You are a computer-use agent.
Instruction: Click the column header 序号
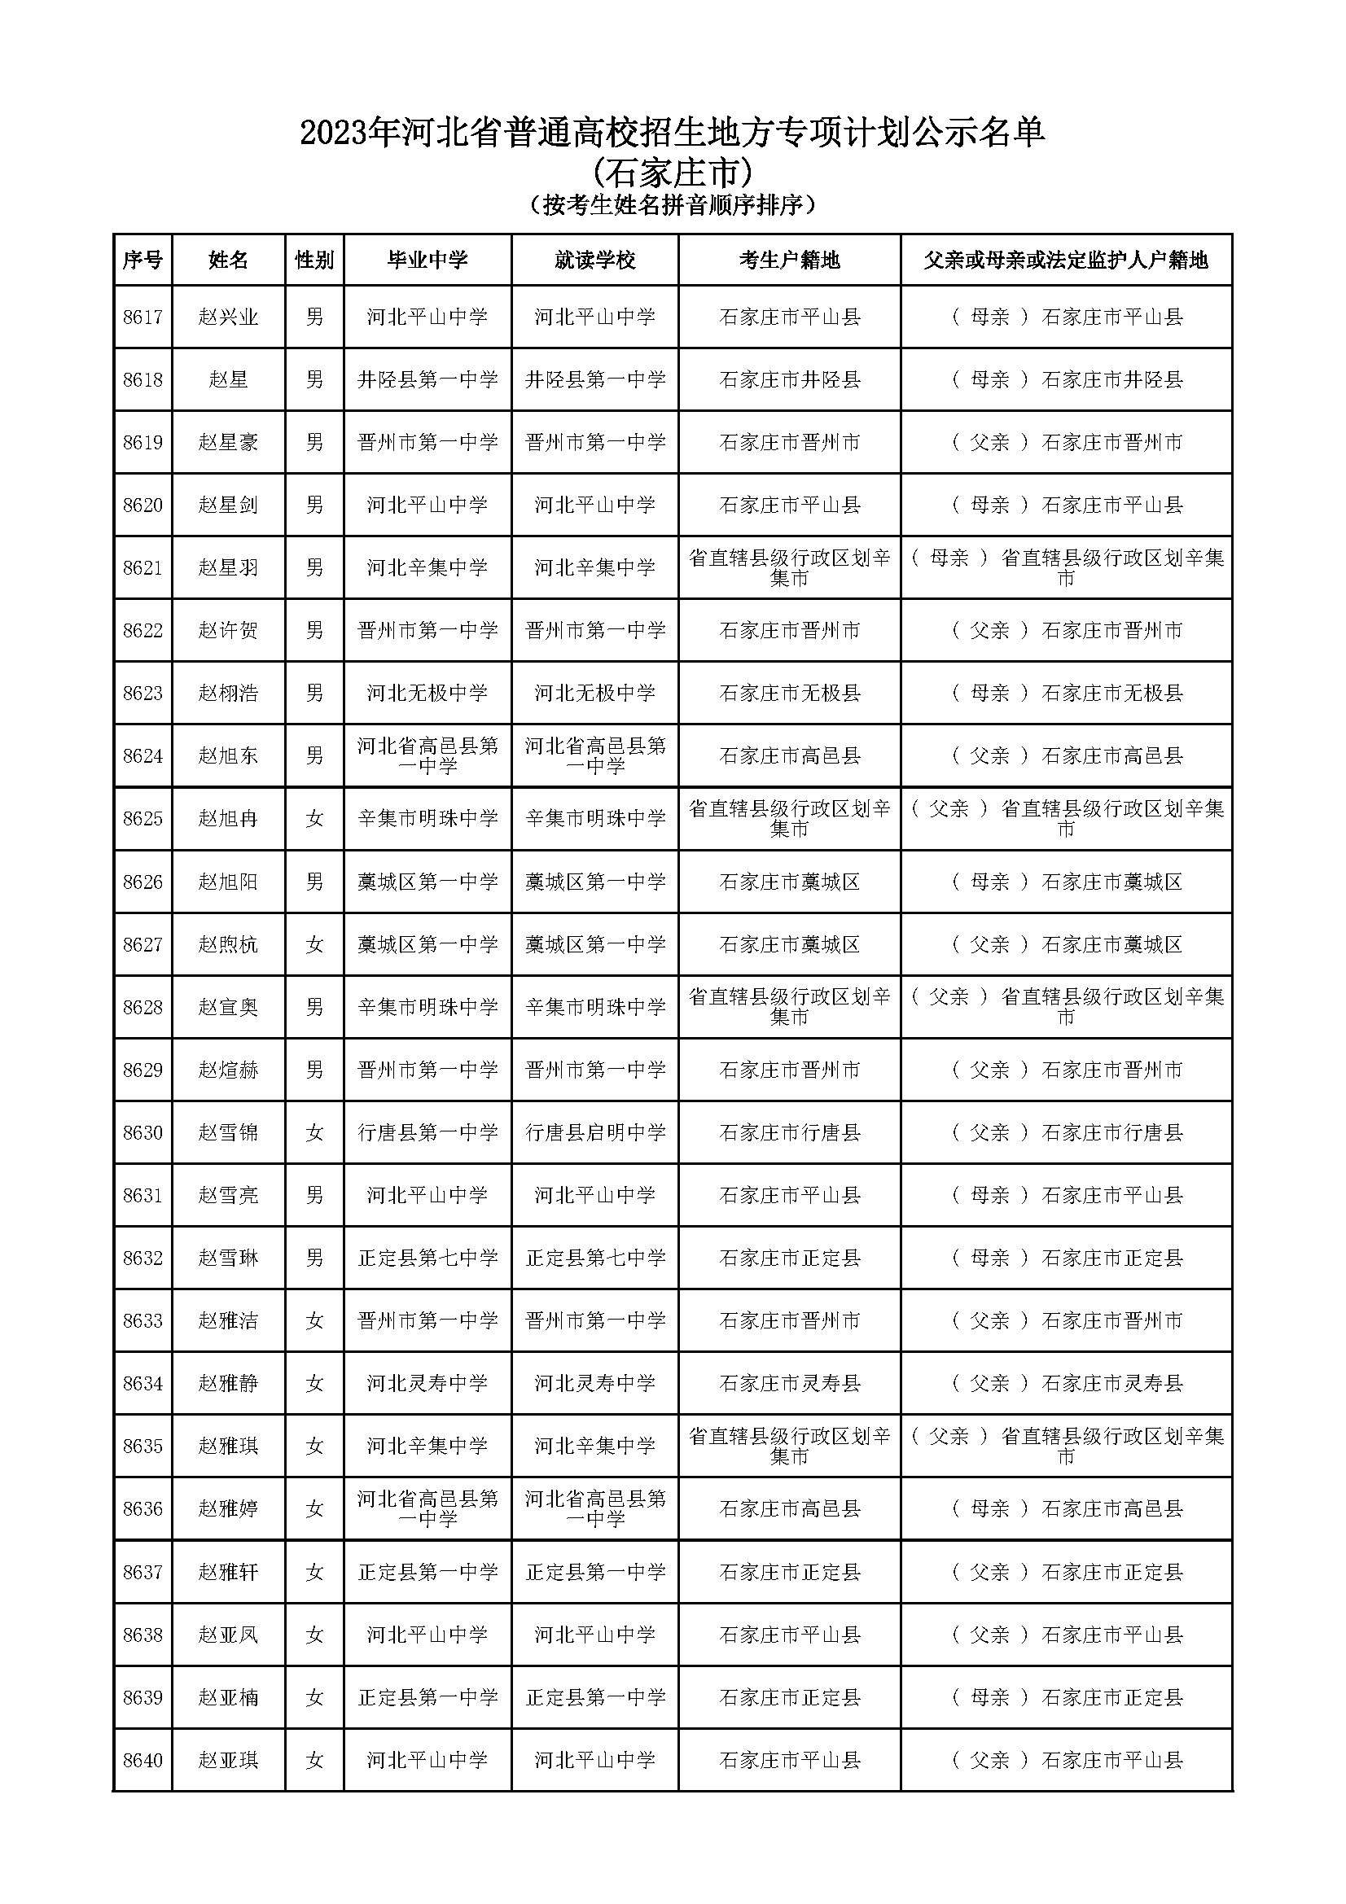click(x=142, y=260)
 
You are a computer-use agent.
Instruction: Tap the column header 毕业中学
click(x=427, y=260)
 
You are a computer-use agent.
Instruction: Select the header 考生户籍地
click(x=789, y=260)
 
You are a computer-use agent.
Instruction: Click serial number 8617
click(x=142, y=317)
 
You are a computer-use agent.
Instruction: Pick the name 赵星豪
click(x=228, y=442)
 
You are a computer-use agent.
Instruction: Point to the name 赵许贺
click(x=228, y=630)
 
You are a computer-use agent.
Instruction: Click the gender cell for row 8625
click(x=314, y=818)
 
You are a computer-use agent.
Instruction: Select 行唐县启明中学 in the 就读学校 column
click(x=594, y=1132)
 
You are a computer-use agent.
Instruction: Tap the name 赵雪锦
click(x=228, y=1132)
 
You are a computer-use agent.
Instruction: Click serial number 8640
click(x=142, y=1760)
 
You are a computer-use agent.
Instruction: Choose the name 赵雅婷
click(x=228, y=1508)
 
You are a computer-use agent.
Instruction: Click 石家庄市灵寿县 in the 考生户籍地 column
click(x=789, y=1383)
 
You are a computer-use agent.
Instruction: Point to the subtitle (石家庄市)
click(x=673, y=173)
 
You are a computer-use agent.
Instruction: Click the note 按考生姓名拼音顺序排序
click(x=673, y=204)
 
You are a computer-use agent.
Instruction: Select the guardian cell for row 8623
click(x=1066, y=694)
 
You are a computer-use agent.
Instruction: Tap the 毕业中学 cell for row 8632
click(x=427, y=1258)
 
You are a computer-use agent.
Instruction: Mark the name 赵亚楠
click(x=228, y=1697)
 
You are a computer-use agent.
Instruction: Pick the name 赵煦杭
click(x=228, y=943)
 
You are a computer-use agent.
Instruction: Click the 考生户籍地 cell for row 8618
click(x=789, y=380)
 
